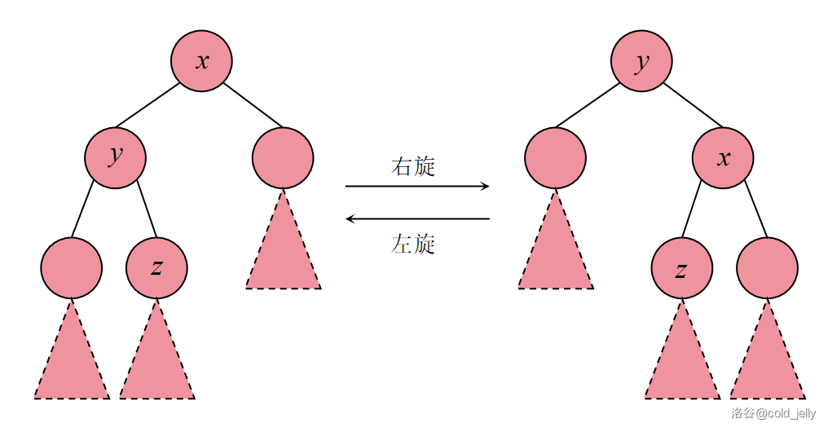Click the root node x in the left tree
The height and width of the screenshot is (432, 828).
click(201, 61)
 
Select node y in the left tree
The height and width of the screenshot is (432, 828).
click(116, 157)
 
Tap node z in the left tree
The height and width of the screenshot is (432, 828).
click(156, 268)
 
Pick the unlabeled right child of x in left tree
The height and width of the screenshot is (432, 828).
click(283, 157)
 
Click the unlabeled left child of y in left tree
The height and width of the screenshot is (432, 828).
click(72, 268)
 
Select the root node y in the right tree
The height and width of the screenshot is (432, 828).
click(642, 61)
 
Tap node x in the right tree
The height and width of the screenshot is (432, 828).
click(723, 157)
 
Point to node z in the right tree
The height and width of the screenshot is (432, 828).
click(681, 268)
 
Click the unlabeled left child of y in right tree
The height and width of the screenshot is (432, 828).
click(555, 157)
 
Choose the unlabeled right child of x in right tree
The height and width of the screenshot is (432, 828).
click(767, 268)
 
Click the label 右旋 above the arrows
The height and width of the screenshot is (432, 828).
click(414, 167)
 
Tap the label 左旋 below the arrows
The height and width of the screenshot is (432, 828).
click(414, 243)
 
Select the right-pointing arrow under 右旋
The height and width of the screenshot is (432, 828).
click(417, 187)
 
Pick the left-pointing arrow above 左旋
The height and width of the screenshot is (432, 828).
click(417, 218)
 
